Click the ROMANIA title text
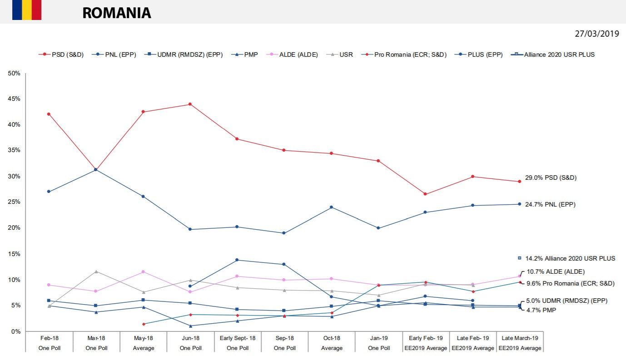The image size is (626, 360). tap(116, 13)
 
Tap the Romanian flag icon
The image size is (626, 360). tap(27, 10)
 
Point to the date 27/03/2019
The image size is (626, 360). tap(596, 34)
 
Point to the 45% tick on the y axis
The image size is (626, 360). tap(14, 99)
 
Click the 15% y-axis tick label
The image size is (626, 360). tap(14, 254)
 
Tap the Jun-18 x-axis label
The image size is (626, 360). tap(190, 338)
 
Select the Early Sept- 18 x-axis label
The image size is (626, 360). tap(238, 338)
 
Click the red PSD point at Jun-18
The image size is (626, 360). tap(190, 104)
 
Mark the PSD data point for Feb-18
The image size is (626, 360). tap(49, 114)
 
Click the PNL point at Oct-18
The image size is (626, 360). tap(332, 207)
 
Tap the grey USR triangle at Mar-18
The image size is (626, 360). tap(96, 271)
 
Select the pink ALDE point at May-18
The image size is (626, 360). tap(143, 271)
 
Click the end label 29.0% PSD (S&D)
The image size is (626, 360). tap(551, 178)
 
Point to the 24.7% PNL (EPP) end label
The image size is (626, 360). tap(550, 205)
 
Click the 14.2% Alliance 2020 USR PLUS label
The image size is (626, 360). tap(570, 258)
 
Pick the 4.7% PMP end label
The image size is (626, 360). tap(541, 310)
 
